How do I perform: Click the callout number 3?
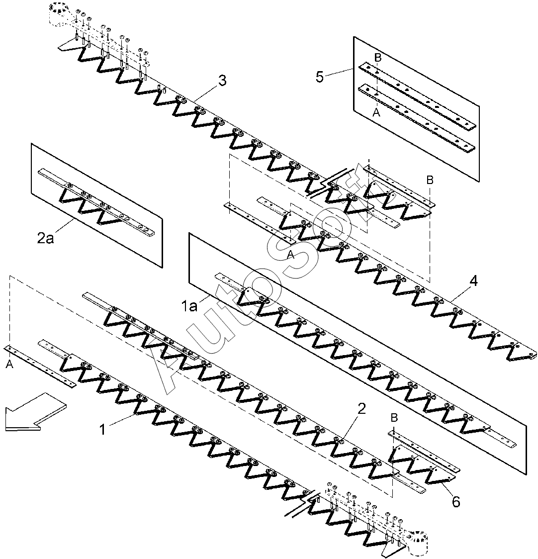coord(222,80)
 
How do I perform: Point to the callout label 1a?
coord(189,306)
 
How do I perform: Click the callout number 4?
coord(473,281)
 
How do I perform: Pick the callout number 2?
coord(361,408)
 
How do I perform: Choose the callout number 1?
coord(102,429)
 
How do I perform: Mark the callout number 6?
coord(456,502)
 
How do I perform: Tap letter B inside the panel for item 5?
coord(377,57)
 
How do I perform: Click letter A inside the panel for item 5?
coord(376,112)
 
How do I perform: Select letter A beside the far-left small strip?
coord(9,365)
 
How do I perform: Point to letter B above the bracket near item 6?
coord(394,417)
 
